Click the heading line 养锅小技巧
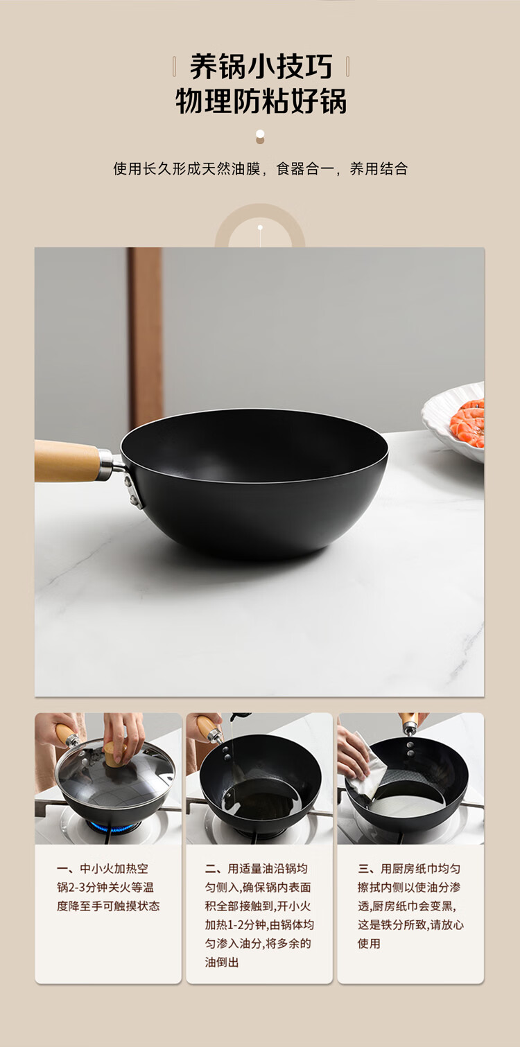261,67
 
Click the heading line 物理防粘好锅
261,100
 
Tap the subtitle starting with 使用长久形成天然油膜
261,169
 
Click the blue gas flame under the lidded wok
112,827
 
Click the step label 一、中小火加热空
103,868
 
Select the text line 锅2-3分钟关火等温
105,887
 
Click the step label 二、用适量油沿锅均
257,868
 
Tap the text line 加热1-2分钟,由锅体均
259,924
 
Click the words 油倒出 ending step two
222,962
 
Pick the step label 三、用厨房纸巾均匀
409,868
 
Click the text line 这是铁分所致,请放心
410,924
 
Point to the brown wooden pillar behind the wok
146,337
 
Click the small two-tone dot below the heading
260,137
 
